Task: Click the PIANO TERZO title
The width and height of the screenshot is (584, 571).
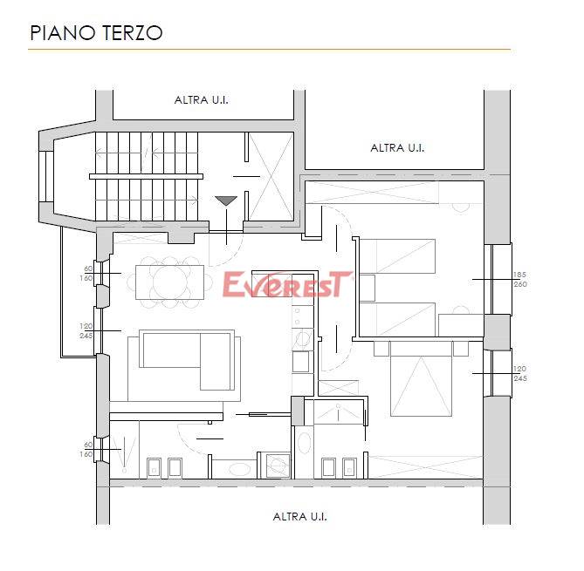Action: click(x=96, y=33)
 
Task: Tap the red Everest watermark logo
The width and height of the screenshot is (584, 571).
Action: click(x=287, y=284)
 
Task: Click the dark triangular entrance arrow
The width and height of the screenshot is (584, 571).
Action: click(x=226, y=201)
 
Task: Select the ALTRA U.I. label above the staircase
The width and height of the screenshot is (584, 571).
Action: click(x=201, y=100)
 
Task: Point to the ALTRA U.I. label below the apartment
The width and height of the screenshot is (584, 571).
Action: click(x=299, y=517)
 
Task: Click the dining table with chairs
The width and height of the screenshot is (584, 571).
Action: click(x=170, y=282)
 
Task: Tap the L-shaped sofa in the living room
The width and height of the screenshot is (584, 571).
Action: click(x=187, y=360)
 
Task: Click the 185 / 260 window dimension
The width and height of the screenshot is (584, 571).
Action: click(x=520, y=279)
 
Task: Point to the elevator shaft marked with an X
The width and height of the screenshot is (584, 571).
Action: click(x=271, y=177)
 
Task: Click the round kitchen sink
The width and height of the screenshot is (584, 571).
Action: click(x=302, y=338)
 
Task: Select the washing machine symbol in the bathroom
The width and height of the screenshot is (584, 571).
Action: click(x=278, y=465)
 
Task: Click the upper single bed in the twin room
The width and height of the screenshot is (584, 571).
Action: click(x=397, y=256)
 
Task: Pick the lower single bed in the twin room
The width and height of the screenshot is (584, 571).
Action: click(x=397, y=320)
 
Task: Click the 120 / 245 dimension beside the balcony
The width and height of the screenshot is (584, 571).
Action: click(x=86, y=330)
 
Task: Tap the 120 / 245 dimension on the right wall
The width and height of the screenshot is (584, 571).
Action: click(x=520, y=373)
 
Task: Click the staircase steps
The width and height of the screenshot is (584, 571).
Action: click(x=147, y=176)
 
